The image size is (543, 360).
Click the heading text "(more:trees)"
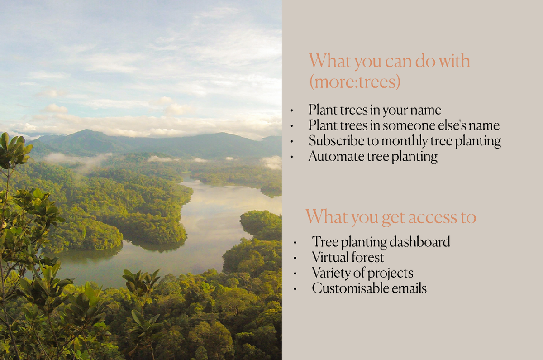[x=355, y=82]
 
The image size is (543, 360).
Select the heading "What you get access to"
[x=391, y=217]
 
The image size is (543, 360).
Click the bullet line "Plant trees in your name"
[x=375, y=110]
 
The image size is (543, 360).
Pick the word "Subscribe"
[x=336, y=140]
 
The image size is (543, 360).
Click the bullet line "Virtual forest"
[x=348, y=257]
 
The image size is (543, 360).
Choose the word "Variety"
[x=331, y=273]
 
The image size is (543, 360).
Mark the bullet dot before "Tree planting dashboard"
[x=295, y=242]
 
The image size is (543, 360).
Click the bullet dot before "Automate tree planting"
[x=291, y=157]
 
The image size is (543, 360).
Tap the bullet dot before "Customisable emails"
[x=295, y=289]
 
